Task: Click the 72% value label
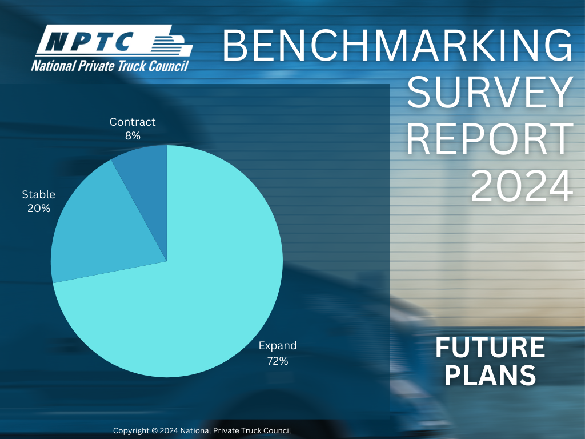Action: click(x=278, y=361)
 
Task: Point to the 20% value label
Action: click(x=39, y=208)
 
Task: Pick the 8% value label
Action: click(x=133, y=136)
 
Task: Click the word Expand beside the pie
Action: click(x=278, y=346)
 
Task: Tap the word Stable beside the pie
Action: click(x=38, y=194)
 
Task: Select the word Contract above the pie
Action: click(x=133, y=122)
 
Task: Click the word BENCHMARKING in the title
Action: click(x=398, y=46)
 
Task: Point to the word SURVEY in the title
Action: click(x=490, y=92)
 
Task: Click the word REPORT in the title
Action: click(x=490, y=139)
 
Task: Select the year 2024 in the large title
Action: click(x=522, y=186)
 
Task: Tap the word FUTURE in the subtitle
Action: click(x=490, y=348)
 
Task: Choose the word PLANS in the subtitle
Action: click(x=490, y=375)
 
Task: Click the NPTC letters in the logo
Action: click(x=90, y=41)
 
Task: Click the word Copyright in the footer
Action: click(x=131, y=431)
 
